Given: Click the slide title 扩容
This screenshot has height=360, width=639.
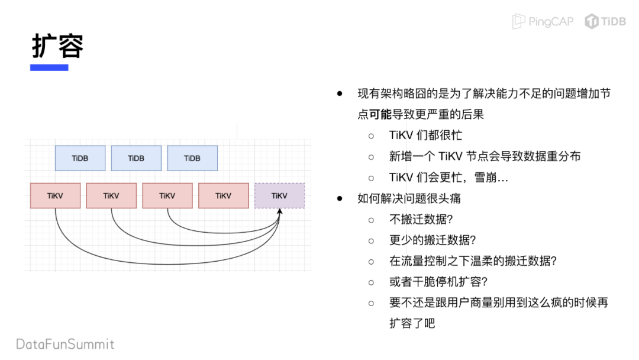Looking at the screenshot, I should point(57,45).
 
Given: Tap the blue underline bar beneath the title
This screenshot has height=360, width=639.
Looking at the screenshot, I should point(49,67).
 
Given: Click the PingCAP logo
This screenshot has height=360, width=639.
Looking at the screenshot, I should point(543,21).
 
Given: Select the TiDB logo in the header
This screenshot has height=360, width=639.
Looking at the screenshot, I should point(605,21).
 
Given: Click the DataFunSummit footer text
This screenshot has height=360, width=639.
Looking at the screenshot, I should point(65,344).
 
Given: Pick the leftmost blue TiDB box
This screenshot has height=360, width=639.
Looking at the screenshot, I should point(80,158).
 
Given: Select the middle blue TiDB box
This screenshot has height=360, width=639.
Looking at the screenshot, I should point(136,158).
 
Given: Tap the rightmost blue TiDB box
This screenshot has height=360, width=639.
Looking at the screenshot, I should point(192,158).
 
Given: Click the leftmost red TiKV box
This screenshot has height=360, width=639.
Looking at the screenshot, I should point(55,195).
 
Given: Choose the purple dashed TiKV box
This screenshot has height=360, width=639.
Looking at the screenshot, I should point(279,195).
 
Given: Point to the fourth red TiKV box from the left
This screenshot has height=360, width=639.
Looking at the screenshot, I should point(223,195).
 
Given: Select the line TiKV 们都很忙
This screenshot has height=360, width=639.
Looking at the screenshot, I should point(425,135).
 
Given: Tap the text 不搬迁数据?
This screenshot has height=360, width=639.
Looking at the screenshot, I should point(421,219).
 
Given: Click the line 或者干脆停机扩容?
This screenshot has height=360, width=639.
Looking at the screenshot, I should point(438,282).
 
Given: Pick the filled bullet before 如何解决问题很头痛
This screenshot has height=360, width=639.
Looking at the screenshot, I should point(340,198).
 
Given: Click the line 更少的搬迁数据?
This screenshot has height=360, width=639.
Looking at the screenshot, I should point(433,240).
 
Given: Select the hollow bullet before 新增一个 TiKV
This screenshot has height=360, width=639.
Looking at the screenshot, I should point(372,156).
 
